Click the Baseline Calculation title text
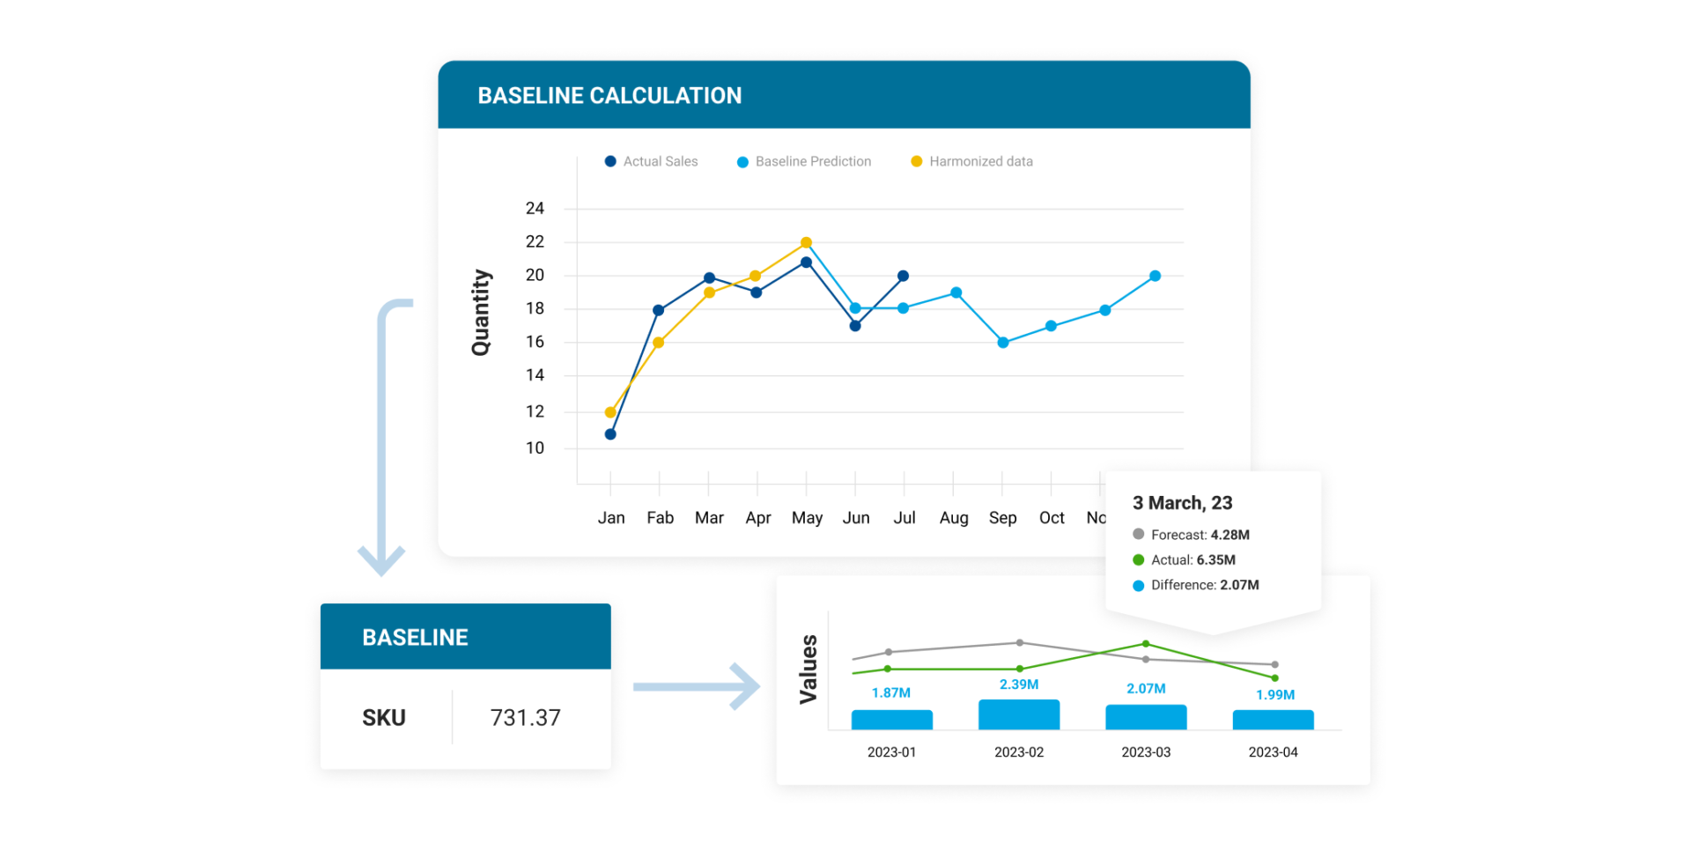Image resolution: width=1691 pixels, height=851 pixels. pos(609,95)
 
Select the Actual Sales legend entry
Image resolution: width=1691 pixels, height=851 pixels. pos(651,161)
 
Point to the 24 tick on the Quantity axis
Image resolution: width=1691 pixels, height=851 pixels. pos(535,209)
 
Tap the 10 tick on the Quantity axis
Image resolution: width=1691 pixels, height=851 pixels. pos(535,448)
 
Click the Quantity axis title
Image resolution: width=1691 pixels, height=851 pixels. pos(481,313)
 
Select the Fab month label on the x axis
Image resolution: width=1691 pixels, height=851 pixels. pos(660,518)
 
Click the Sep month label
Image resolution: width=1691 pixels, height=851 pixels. pos(1002,518)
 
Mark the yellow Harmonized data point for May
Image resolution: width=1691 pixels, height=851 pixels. pos(806,242)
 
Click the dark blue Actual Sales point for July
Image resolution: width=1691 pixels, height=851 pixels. pos(903,276)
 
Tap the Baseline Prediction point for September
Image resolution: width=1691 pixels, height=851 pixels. pos(1003,343)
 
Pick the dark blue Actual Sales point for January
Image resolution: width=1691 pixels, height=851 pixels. pos(610,434)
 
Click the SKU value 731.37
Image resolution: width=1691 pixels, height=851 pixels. pos(525,718)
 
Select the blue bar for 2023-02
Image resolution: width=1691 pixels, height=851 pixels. pos(1019,714)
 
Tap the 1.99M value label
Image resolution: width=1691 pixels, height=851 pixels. pos(1274,695)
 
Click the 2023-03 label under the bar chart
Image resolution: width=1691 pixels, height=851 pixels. pos(1146,752)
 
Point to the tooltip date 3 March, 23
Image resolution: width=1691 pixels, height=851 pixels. pos(1182,503)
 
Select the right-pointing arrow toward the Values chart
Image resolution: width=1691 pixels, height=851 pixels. pos(697,687)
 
